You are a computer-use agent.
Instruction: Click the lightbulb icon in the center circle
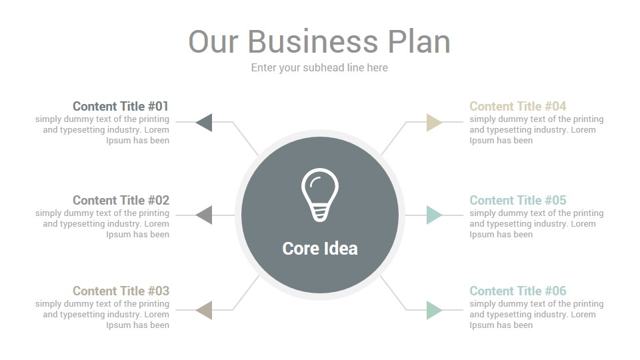320,195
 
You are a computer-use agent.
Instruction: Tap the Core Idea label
320,249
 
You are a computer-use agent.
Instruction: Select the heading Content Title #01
121,106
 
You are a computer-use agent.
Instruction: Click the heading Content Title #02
121,200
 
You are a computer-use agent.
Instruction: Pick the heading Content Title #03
121,291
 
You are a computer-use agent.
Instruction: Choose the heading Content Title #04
518,106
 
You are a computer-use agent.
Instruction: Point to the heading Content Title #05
518,200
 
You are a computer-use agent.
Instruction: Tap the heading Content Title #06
518,291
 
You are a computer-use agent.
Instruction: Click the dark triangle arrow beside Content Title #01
205,123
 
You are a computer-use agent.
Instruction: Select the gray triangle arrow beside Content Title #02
205,215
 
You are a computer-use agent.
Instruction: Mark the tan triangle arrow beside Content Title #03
205,310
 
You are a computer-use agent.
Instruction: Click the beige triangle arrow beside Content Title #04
434,123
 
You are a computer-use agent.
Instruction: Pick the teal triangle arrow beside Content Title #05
434,215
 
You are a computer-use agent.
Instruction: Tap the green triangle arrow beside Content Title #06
434,310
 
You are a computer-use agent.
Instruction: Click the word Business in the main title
313,41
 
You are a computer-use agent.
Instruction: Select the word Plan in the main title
419,41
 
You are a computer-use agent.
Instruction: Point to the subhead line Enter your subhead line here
319,68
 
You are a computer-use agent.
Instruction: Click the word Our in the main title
213,41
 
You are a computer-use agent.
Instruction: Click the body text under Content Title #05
536,224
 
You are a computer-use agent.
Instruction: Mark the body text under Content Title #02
102,224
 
